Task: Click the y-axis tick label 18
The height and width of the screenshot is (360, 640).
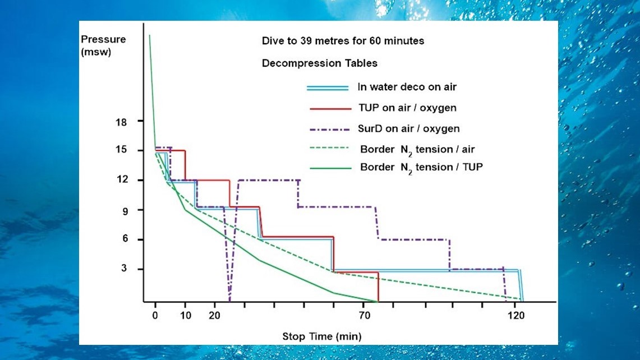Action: click(121, 122)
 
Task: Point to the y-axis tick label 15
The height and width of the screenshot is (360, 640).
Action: click(121, 150)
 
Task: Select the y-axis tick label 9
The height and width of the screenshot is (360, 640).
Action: click(125, 211)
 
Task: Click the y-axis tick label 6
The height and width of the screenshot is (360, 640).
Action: click(125, 238)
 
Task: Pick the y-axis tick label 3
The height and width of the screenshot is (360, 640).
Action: click(124, 268)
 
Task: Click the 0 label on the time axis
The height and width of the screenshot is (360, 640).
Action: click(155, 316)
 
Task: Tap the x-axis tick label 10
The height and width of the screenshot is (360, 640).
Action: click(186, 316)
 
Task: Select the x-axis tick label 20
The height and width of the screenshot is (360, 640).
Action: click(215, 316)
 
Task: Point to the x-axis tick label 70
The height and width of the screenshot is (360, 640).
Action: click(365, 316)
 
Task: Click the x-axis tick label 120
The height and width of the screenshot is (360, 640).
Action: click(517, 316)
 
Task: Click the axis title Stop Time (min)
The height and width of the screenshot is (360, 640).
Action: click(322, 337)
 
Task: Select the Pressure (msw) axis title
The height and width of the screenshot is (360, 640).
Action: click(103, 45)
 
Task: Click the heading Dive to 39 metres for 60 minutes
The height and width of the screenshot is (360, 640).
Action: click(343, 41)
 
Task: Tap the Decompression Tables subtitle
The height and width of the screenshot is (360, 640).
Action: click(320, 63)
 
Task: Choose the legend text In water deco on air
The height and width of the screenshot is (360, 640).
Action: click(407, 87)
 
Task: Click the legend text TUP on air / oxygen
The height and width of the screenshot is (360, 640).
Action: click(407, 108)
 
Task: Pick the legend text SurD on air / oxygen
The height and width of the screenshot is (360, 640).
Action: click(408, 128)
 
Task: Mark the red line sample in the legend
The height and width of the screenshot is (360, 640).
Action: click(330, 109)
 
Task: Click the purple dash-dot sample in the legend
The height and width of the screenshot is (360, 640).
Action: click(329, 130)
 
